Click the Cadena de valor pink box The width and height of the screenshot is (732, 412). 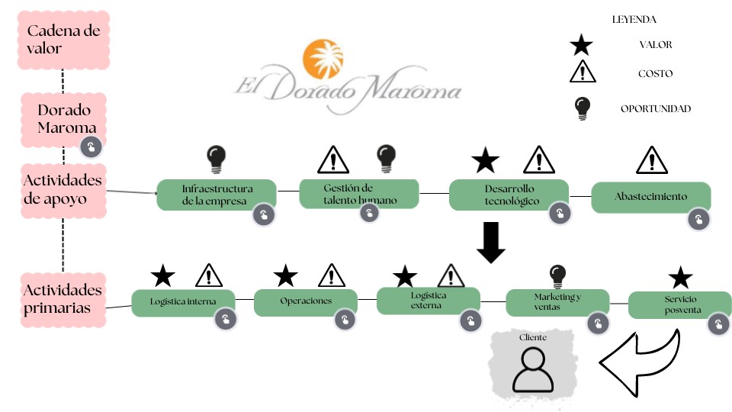(x=63, y=40)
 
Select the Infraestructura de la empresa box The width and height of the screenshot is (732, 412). (x=216, y=195)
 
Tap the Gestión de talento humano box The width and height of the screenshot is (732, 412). (x=358, y=193)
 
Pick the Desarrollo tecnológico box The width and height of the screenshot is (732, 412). (x=509, y=195)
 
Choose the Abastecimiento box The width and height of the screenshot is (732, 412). (x=650, y=196)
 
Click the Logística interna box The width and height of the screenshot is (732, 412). (x=183, y=301)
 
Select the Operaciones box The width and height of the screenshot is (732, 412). (x=305, y=301)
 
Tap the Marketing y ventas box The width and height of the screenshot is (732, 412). (x=557, y=301)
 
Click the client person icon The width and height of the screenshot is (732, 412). (x=532, y=369)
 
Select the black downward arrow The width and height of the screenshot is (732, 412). (x=491, y=243)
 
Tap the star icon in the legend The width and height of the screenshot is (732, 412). (x=581, y=46)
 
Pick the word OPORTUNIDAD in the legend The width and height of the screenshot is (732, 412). (x=655, y=109)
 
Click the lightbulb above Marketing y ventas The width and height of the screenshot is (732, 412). (x=558, y=276)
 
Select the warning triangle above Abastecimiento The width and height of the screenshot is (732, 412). (x=651, y=160)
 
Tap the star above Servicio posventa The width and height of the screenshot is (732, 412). (x=679, y=278)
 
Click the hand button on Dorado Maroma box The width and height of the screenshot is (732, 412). (x=91, y=147)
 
